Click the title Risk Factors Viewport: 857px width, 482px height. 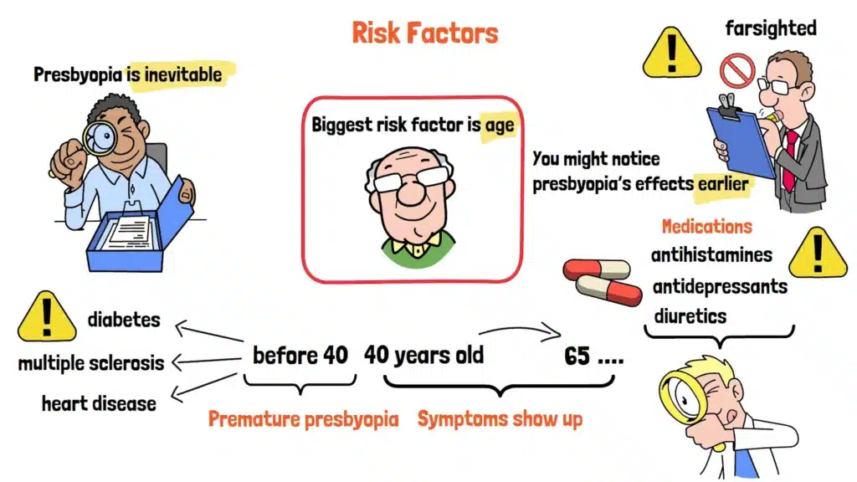click(424, 33)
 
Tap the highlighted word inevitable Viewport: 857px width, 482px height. click(183, 74)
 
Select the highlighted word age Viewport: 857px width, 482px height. click(500, 126)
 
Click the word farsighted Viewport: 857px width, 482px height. click(771, 28)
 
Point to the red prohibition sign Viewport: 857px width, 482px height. click(737, 70)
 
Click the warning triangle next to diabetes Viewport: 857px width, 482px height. click(47, 317)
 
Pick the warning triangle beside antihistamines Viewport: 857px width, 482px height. click(818, 253)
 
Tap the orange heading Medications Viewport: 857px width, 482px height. click(706, 226)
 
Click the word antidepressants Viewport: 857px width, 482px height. click(720, 287)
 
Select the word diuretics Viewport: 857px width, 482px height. click(690, 316)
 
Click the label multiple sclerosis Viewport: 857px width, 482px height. click(90, 363)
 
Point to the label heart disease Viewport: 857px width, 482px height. click(99, 404)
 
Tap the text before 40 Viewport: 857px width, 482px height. click(300, 356)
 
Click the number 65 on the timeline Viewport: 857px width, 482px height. click(577, 356)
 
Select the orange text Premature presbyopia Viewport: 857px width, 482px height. click(303, 420)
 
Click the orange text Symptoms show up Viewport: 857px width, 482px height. click(500, 419)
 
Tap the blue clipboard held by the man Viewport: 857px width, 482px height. click(742, 140)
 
